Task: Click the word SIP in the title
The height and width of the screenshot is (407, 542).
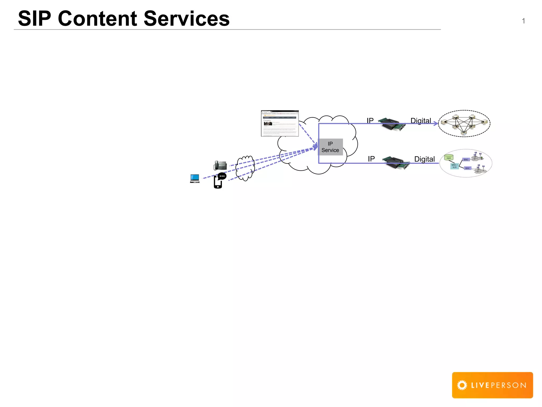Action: (34, 19)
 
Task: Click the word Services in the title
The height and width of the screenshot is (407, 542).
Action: (187, 19)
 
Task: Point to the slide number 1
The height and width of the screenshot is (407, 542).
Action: (523, 21)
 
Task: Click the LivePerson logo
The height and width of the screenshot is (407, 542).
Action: (492, 385)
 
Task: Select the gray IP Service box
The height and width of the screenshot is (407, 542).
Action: (330, 147)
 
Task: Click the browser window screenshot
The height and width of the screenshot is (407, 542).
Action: (280, 123)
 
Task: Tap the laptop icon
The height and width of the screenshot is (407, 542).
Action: (195, 179)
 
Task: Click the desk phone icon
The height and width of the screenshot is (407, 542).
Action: (220, 165)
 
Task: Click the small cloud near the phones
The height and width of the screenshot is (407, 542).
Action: (245, 168)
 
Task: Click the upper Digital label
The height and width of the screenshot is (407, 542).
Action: (421, 121)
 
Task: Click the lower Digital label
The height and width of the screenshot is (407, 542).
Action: (424, 159)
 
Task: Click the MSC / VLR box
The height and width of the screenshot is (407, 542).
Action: (454, 166)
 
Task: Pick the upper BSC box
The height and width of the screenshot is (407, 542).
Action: (466, 160)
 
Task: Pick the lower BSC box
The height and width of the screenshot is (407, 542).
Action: (468, 168)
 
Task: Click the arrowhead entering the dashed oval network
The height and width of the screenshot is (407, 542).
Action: (436, 123)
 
